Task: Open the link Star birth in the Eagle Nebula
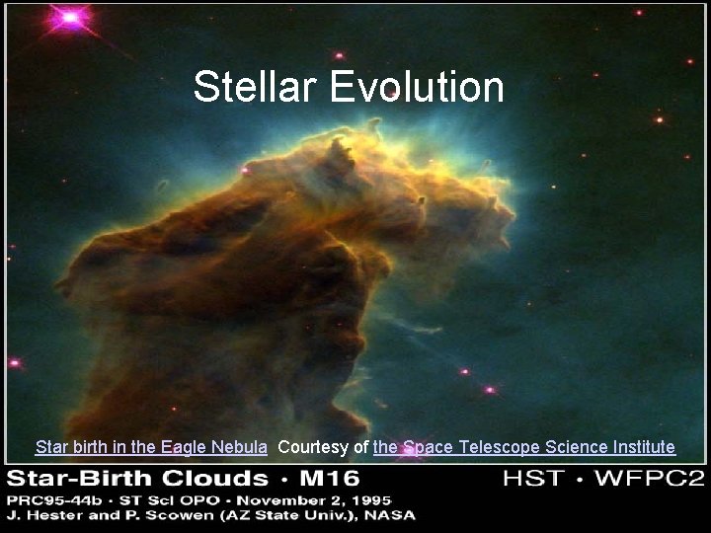pos(151,447)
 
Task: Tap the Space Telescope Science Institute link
pos(524,447)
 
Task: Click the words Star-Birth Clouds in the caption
pos(138,481)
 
